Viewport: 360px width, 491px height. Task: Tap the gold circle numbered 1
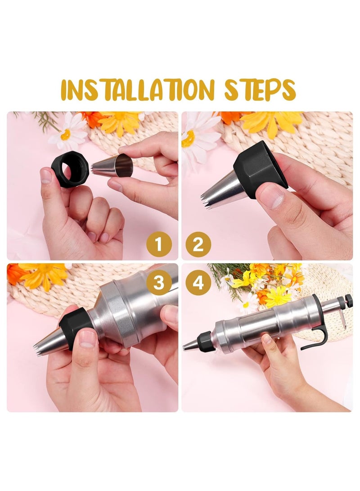pos(159,245)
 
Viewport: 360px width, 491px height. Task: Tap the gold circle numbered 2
pos(198,245)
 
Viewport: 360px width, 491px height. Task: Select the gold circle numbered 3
pos(159,283)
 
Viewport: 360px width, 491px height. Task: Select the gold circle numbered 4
pos(198,283)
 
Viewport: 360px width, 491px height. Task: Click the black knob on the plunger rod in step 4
pos(348,301)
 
